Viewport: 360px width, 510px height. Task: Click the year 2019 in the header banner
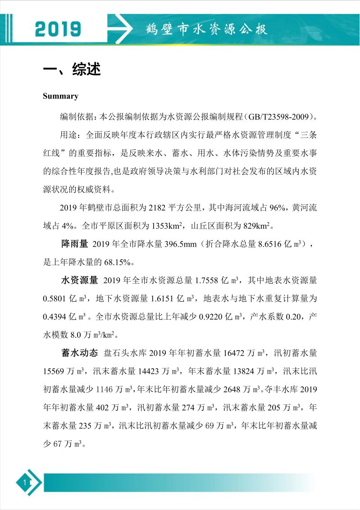coord(58,29)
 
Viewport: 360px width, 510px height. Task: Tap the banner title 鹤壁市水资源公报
coord(207,29)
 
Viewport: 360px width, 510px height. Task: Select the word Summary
coord(60,96)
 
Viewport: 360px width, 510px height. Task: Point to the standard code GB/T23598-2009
coord(279,117)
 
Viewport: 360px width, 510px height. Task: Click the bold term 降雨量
coord(74,244)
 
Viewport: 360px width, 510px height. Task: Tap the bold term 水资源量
coord(79,280)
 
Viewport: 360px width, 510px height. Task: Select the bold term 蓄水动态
coord(79,352)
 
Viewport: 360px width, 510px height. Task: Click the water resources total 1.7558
coord(205,280)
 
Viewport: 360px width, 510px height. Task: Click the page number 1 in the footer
coord(25,483)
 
